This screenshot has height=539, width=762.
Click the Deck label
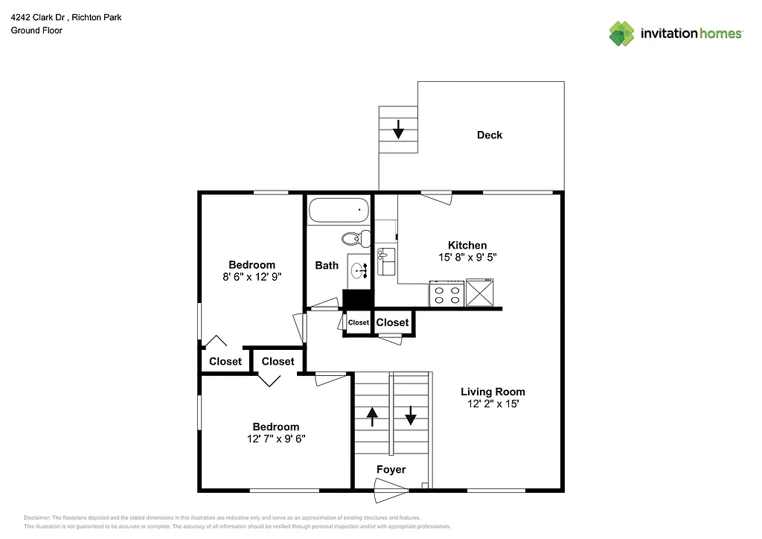pyautogui.click(x=490, y=135)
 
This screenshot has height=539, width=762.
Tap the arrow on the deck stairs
pyautogui.click(x=398, y=130)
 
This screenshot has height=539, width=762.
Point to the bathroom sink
pyautogui.click(x=359, y=271)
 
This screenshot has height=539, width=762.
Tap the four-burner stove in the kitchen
pyautogui.click(x=446, y=293)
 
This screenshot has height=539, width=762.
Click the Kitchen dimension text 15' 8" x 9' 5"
pyautogui.click(x=467, y=258)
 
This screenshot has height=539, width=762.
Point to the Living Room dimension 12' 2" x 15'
pyautogui.click(x=493, y=404)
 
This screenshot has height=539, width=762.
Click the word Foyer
pyautogui.click(x=391, y=470)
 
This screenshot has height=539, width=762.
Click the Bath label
pyautogui.click(x=327, y=265)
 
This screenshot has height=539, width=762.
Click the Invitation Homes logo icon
pyautogui.click(x=621, y=34)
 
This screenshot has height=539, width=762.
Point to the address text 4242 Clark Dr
pyautogui.click(x=43, y=17)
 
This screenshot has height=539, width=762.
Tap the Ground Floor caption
pyautogui.click(x=36, y=31)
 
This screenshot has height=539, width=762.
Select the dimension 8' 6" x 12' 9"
pyautogui.click(x=252, y=276)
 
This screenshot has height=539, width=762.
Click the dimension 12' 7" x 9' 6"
pyautogui.click(x=275, y=438)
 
